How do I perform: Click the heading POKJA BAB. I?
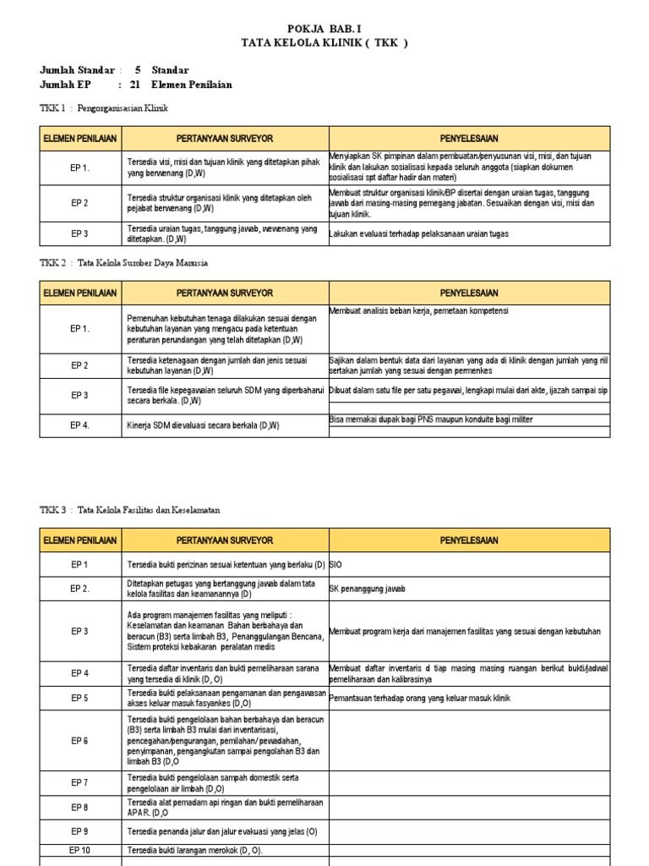324,28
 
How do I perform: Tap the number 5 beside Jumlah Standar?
138,70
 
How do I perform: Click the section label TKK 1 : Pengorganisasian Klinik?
104,109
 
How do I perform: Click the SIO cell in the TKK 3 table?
336,564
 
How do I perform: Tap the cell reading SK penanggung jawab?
368,589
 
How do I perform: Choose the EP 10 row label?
80,850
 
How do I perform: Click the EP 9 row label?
80,831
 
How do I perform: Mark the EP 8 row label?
80,808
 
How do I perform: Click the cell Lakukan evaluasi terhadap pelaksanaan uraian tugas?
419,233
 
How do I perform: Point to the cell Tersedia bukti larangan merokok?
195,850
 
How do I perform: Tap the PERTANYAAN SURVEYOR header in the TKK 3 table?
224,540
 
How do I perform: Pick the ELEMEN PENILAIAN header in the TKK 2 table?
80,293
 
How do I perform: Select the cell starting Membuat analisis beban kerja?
419,311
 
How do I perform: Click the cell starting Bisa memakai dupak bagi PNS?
431,419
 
